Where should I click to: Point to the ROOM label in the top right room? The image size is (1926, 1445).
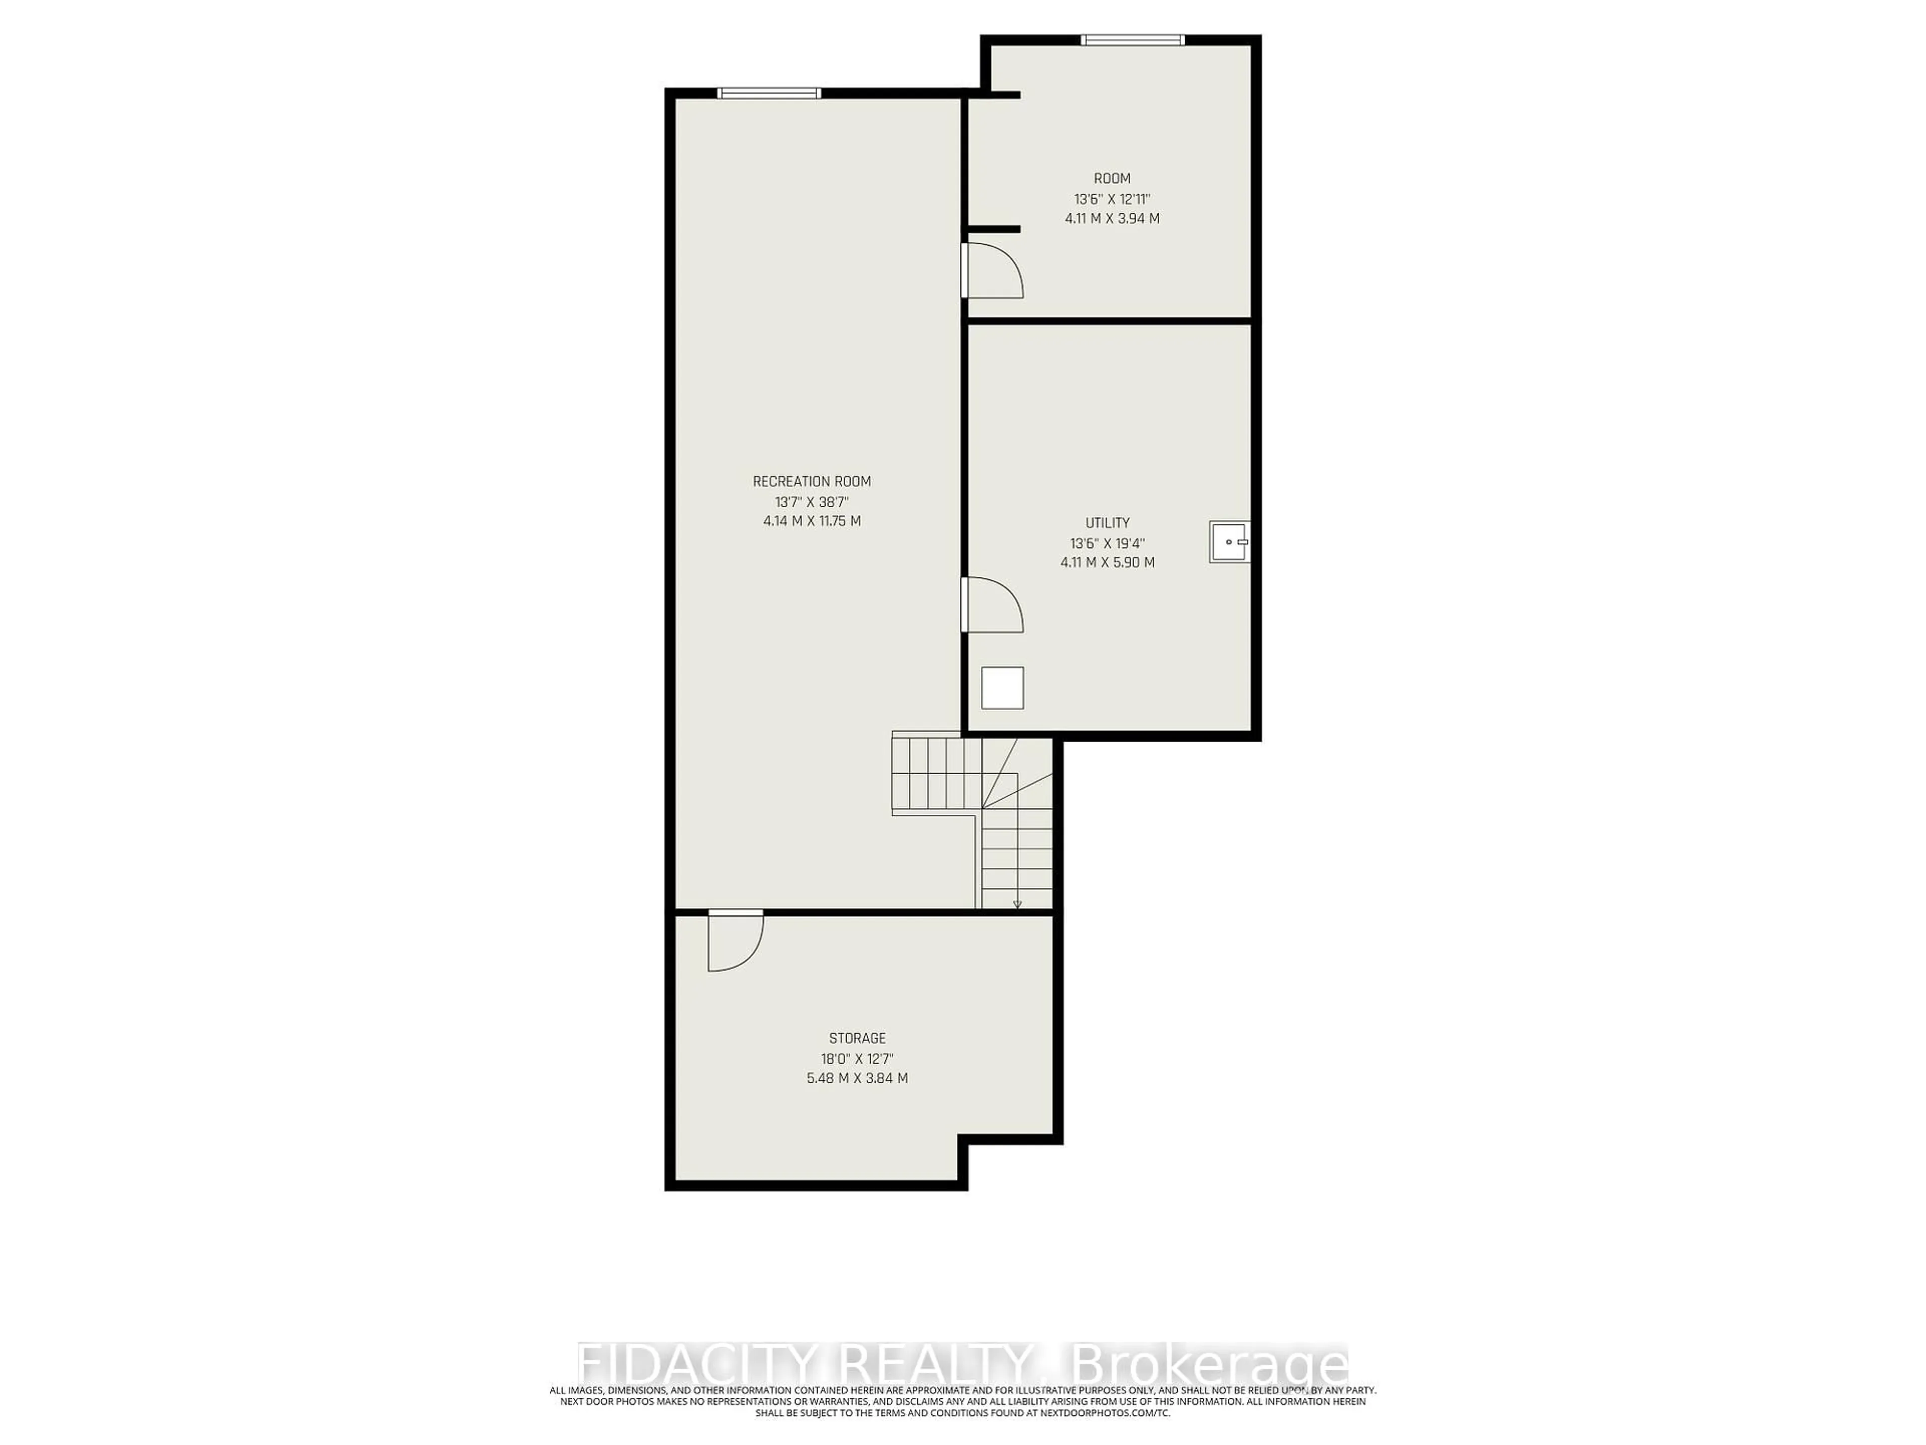(x=1112, y=179)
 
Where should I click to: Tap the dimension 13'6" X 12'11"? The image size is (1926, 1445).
(x=1112, y=199)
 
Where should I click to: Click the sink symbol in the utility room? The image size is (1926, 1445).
(x=1228, y=542)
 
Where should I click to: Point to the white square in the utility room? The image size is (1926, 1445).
(x=1002, y=688)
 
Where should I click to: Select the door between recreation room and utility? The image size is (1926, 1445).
(x=993, y=605)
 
